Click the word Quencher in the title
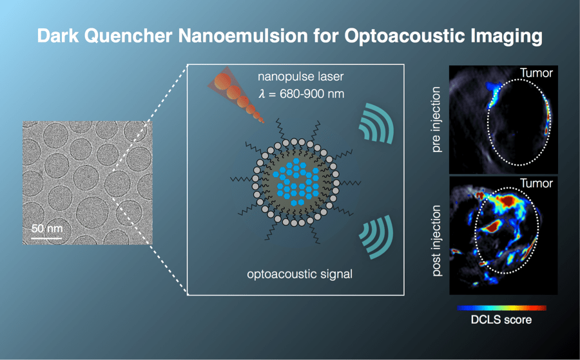128,37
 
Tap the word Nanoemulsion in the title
243,36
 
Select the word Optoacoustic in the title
404,37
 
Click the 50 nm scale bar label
47,229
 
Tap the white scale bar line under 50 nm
46,238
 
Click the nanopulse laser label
301,77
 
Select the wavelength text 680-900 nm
312,94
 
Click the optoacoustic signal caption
300,274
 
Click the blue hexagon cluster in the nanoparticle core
296,182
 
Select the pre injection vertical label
436,119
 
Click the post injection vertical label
436,241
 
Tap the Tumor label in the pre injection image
536,73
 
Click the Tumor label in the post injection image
536,184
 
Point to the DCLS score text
501,319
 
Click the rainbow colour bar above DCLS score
501,308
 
